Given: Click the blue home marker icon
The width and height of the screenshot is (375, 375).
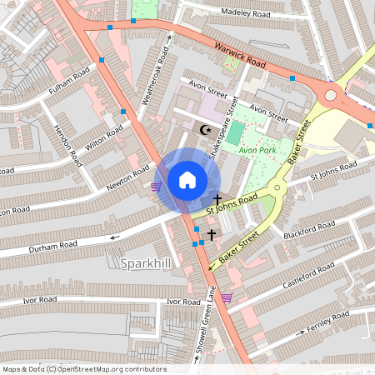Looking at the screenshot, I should (x=187, y=179).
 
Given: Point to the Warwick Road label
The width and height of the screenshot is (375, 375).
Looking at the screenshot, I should (x=239, y=57).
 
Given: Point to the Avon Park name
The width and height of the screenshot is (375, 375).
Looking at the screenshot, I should (x=256, y=151).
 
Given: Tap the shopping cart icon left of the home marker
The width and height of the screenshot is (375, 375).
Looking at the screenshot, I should (x=156, y=187).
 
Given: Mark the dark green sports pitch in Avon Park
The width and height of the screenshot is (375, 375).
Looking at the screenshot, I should (x=236, y=132).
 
